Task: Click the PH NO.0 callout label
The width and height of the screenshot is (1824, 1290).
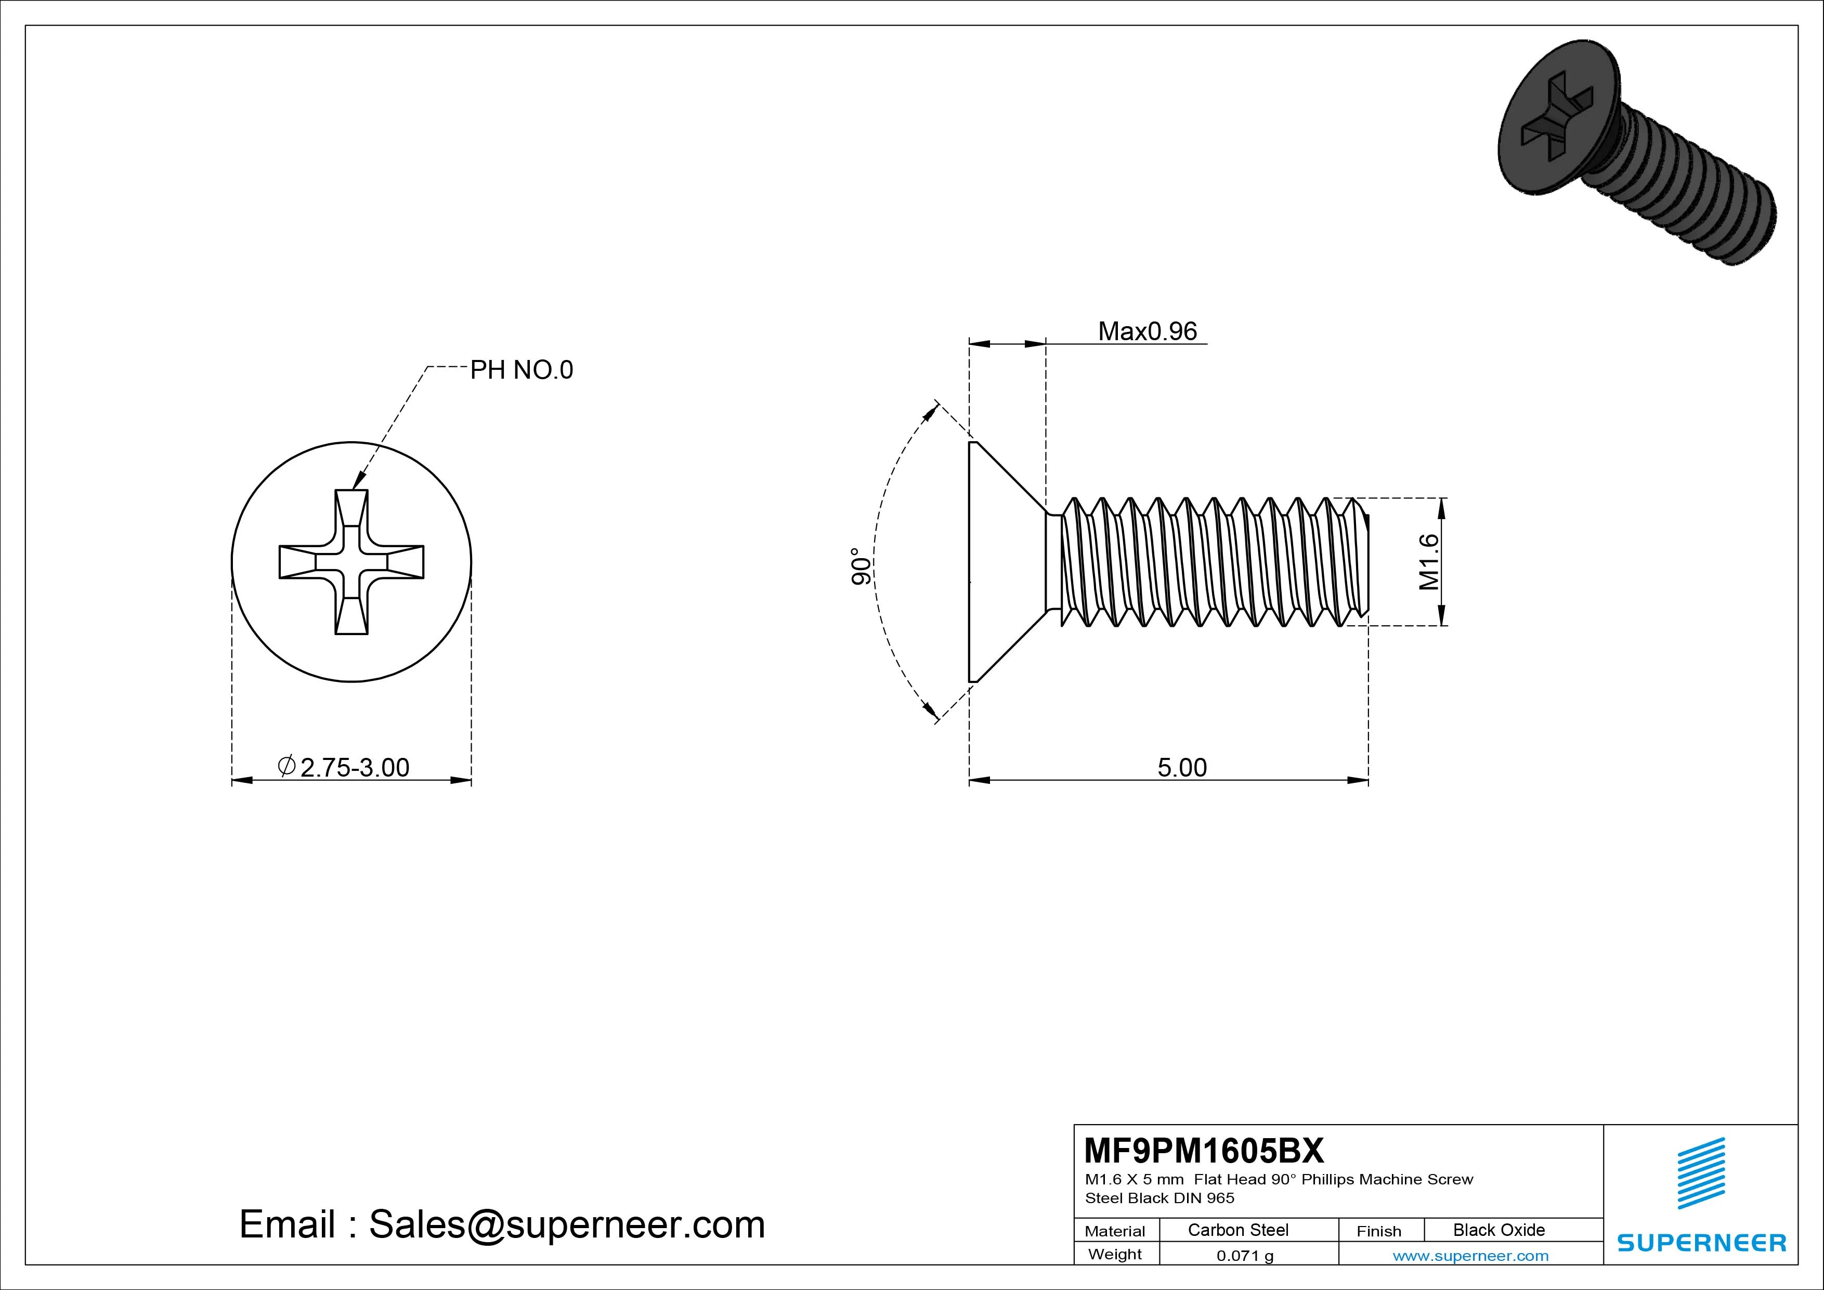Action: point(521,370)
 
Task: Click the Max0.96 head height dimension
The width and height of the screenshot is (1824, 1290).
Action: point(1146,331)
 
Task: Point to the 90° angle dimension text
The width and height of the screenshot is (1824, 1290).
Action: point(861,566)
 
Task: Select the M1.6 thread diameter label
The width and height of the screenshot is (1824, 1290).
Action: point(1428,562)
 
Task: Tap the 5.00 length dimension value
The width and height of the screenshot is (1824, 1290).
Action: point(1181,767)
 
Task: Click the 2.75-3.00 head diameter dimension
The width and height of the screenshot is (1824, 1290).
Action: point(354,767)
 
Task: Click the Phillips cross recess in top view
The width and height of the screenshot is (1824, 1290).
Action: point(351,562)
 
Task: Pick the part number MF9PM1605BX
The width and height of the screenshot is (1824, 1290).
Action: point(1204,1150)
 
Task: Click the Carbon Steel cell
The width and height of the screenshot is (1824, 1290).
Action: point(1237,1230)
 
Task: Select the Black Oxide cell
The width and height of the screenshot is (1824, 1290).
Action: point(1499,1230)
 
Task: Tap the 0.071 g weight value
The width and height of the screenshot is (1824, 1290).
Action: point(1245,1256)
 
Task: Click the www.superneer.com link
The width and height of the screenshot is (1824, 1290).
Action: point(1470,1256)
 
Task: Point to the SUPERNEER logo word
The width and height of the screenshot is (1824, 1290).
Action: point(1702,1242)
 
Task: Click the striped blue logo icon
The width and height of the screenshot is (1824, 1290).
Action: point(1701,1172)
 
